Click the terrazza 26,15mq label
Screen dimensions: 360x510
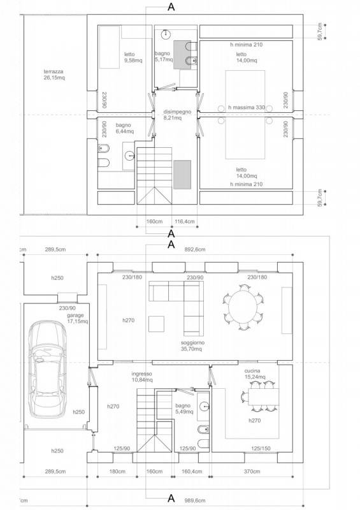click(x=54, y=75)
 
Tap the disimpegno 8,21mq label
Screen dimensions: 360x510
click(x=177, y=115)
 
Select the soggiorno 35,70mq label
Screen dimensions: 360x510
click(x=192, y=346)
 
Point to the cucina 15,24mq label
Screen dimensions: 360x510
click(x=255, y=374)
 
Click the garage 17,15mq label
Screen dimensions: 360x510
click(x=77, y=318)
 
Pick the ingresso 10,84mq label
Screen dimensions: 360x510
click(x=142, y=377)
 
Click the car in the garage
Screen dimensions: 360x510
click(x=48, y=369)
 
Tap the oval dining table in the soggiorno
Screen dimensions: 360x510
click(x=243, y=307)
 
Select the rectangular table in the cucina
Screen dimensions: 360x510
click(x=263, y=397)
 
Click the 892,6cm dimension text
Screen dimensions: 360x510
click(x=195, y=249)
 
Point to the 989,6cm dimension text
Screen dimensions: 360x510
click(x=195, y=500)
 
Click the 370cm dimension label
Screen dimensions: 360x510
click(x=252, y=471)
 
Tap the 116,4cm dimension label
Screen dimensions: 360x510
click(x=185, y=221)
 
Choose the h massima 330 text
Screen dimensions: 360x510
click(x=247, y=107)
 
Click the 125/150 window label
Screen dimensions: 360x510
click(x=261, y=449)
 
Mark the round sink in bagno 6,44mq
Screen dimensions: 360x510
click(x=129, y=156)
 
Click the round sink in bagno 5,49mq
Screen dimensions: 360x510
click(x=205, y=405)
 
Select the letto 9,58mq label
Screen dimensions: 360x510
click(x=133, y=57)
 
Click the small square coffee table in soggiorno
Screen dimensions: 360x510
click(x=156, y=324)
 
